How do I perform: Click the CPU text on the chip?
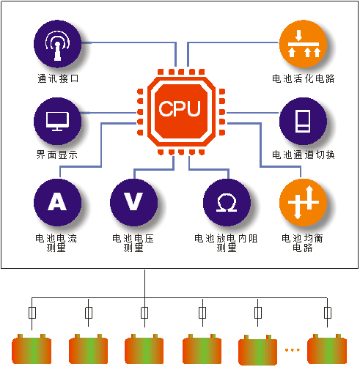tap(180, 108)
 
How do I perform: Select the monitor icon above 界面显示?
tap(57, 121)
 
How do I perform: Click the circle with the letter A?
tap(57, 202)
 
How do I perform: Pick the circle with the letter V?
tap(133, 202)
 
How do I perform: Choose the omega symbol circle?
tap(227, 202)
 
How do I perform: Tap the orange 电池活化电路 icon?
tap(303, 44)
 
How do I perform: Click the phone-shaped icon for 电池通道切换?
tap(303, 121)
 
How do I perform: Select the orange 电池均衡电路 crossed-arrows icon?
tap(303, 202)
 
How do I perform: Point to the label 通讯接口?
tap(58, 78)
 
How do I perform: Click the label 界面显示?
tap(57, 155)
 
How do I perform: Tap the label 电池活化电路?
tap(304, 78)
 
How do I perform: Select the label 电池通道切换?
tap(304, 155)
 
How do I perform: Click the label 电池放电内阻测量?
tap(226, 243)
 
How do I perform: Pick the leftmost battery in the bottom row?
tap(32, 349)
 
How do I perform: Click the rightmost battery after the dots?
tap(327, 349)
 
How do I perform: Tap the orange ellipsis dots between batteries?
tap(293, 350)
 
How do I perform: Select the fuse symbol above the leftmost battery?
tap(32, 313)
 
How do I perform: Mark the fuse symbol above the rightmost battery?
tap(328, 313)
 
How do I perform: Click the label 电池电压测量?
tap(133, 243)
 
